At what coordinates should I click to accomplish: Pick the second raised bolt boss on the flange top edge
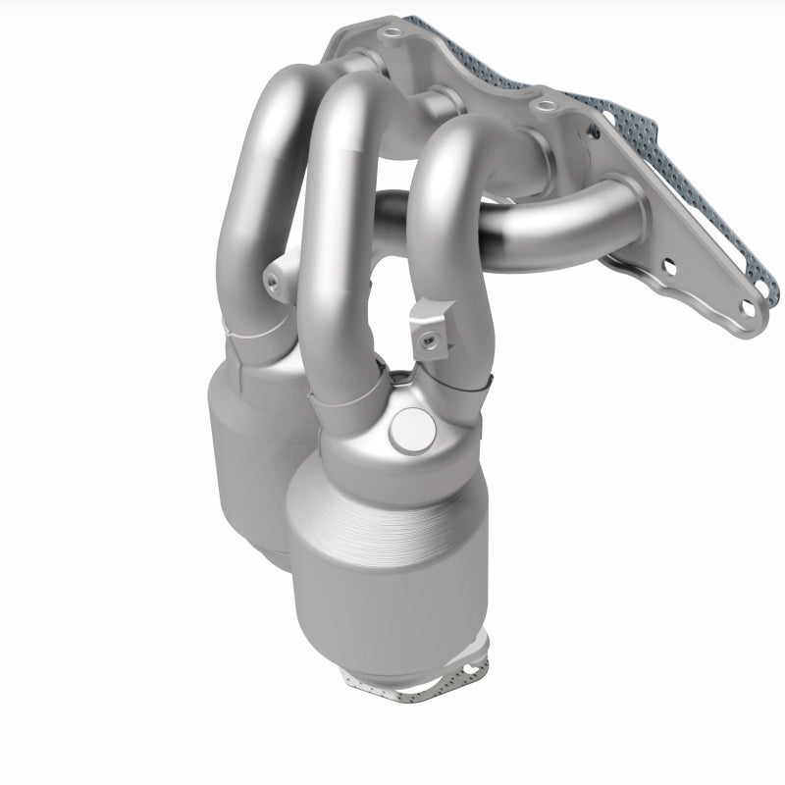(543, 101)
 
